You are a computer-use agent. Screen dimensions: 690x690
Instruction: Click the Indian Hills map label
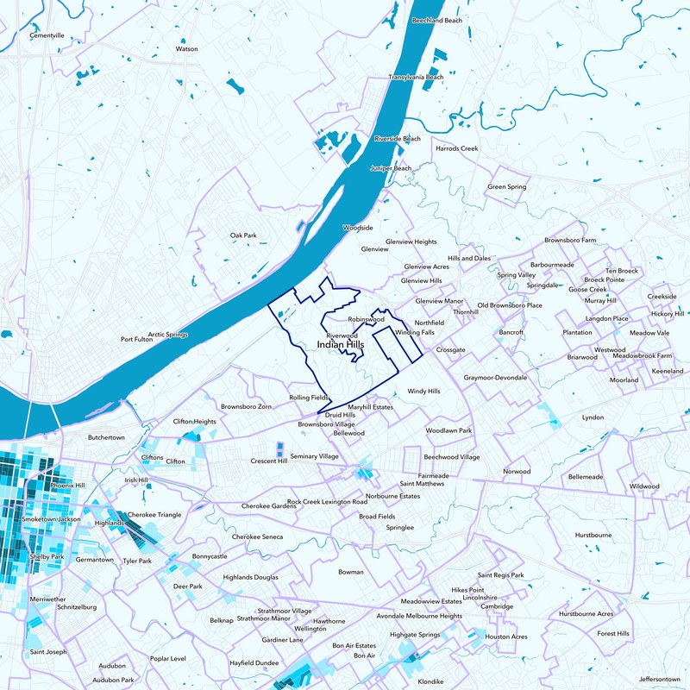pos(341,345)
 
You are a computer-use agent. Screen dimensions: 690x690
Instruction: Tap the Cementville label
pos(47,36)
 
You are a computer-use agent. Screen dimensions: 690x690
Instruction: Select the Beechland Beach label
pos(436,19)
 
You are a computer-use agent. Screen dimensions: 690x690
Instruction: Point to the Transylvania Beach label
pos(416,77)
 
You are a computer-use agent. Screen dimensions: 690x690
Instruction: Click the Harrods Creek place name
pos(456,148)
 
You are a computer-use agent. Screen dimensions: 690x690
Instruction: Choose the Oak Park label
pos(243,235)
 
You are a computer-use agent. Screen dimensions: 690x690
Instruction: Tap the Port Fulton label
pos(136,339)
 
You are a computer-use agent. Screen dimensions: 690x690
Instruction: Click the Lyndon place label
pos(593,417)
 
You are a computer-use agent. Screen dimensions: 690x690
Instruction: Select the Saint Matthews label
pos(422,484)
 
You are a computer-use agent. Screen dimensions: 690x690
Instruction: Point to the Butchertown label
pos(106,437)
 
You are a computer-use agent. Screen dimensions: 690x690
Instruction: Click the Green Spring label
pos(507,187)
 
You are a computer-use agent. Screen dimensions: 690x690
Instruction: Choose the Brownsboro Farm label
pos(570,240)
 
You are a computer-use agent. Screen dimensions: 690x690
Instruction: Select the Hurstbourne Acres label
pos(586,613)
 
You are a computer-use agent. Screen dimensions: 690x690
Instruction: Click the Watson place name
pos(187,49)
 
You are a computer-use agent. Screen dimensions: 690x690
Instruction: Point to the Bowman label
pos(351,572)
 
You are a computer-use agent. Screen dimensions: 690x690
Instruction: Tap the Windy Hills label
pos(423,391)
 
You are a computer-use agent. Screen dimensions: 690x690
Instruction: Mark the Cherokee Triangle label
pos(154,515)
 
